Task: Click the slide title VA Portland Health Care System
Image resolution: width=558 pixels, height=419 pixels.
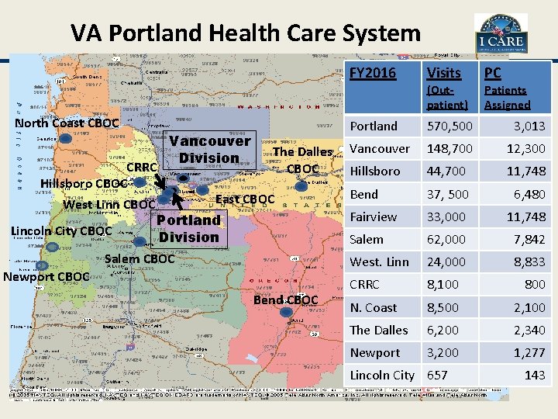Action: point(245,33)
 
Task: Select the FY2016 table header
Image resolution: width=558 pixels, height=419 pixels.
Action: point(373,73)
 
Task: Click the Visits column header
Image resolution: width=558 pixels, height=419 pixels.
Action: point(443,73)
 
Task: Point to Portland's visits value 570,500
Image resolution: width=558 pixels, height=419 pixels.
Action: point(449,126)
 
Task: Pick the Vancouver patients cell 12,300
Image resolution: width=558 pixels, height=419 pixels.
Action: point(526,148)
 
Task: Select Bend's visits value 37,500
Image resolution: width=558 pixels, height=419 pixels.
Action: point(447,194)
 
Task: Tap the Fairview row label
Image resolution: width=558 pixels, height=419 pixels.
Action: point(373,216)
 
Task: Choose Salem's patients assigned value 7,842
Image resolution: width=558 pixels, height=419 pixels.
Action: point(529,239)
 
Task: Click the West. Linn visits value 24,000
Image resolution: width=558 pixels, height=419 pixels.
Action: point(446,261)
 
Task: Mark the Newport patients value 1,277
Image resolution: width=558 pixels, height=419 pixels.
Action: point(529,352)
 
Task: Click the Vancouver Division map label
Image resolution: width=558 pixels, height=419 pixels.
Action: point(209,149)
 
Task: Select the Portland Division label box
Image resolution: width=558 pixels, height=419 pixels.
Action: point(188,228)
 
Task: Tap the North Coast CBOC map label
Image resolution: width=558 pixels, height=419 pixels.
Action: point(67,123)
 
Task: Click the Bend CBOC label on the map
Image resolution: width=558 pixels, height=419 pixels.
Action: point(285,300)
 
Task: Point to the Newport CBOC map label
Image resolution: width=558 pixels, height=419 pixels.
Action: point(46,276)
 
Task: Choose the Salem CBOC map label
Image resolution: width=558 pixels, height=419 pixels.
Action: point(139,258)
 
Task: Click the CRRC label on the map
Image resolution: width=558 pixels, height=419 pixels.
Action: point(142,168)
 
